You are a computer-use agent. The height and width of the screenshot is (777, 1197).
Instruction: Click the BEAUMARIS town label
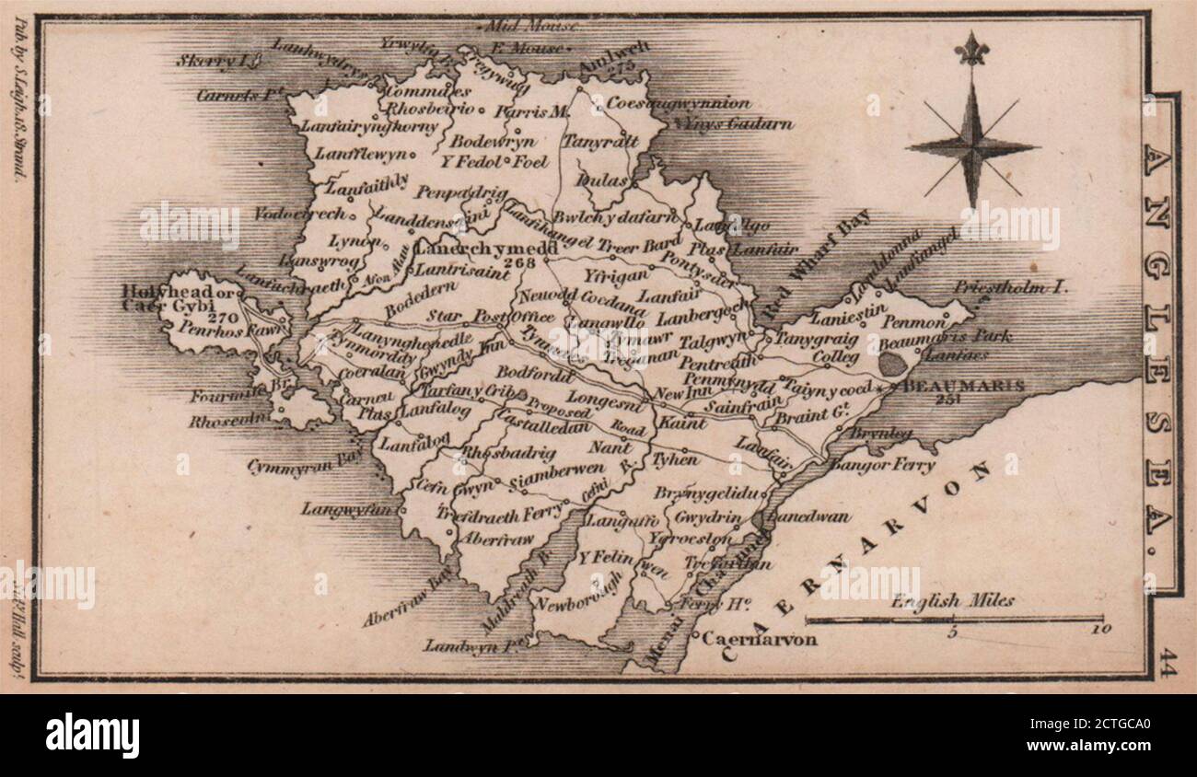click(965, 386)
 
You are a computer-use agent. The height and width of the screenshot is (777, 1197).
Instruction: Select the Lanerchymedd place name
click(486, 249)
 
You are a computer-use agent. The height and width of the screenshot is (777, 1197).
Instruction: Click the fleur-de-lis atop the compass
click(970, 48)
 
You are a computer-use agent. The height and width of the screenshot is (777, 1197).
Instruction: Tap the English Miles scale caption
click(952, 601)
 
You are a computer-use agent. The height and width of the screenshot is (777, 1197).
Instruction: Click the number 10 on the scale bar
click(1101, 631)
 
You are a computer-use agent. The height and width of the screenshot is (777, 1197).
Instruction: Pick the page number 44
click(1167, 663)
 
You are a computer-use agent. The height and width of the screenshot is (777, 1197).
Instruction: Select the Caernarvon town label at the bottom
click(758, 639)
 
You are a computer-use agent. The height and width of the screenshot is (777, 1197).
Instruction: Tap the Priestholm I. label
click(1011, 287)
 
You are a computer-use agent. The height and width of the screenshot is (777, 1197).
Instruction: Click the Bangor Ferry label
click(882, 465)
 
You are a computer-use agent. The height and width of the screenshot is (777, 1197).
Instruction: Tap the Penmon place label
click(913, 323)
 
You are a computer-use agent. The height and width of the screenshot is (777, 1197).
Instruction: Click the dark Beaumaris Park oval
click(891, 363)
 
